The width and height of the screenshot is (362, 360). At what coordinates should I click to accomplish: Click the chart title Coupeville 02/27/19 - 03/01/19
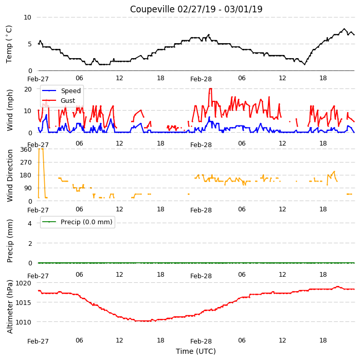(196, 9)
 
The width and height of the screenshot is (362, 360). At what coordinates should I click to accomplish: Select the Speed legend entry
(61, 91)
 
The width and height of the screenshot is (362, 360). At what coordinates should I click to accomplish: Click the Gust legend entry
(59, 100)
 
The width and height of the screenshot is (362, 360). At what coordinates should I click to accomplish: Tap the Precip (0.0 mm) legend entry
(77, 222)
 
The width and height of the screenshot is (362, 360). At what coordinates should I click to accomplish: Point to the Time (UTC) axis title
(196, 351)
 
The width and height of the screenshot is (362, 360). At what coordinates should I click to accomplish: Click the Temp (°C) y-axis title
(9, 44)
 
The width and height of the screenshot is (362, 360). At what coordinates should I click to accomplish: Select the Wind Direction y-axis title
(10, 176)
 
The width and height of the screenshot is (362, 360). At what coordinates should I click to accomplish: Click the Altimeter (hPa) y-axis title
(10, 307)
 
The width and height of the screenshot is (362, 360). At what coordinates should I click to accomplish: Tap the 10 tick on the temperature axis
(27, 17)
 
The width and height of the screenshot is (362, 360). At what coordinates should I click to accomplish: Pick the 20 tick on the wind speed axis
(28, 89)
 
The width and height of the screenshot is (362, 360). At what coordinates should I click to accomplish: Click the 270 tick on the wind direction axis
(26, 163)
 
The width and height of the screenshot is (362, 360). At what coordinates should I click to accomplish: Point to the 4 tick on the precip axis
(30, 223)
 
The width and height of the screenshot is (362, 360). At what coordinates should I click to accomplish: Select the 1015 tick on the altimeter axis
(23, 302)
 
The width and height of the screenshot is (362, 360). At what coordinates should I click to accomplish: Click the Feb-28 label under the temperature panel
(201, 79)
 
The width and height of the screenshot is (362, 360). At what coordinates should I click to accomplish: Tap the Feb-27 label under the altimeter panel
(38, 341)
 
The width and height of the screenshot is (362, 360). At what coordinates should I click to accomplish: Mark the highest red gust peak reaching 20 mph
(210, 88)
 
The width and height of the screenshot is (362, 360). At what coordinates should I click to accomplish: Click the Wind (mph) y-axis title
(10, 110)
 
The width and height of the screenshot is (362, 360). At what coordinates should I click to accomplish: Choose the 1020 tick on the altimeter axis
(23, 283)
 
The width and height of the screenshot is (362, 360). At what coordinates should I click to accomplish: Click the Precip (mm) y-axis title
(10, 241)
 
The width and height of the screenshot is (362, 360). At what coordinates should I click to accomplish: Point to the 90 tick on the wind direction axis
(28, 188)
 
